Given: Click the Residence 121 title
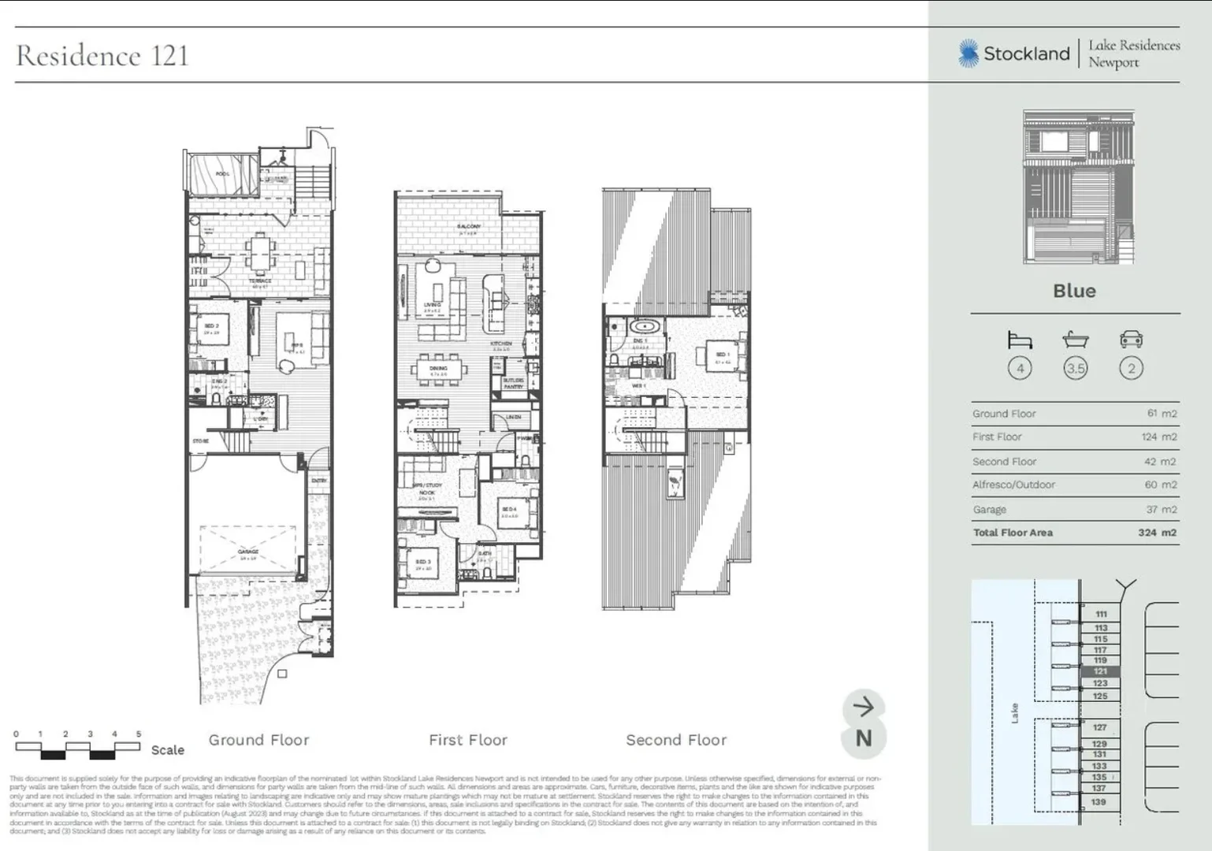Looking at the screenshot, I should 102,56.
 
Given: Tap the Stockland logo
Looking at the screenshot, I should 1014,54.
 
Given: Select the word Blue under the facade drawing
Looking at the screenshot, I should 1074,291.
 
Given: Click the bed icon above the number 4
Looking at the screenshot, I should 1020,340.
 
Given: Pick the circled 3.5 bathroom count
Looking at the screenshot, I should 1075,368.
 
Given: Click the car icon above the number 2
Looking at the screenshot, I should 1131,340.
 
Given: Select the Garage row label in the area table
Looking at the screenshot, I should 989,510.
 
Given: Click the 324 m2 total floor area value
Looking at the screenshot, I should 1156,533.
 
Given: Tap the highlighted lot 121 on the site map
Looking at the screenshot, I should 1100,671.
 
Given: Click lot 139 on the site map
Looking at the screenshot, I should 1099,802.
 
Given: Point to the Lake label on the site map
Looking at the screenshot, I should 1015,712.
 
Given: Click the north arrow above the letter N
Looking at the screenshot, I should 864,707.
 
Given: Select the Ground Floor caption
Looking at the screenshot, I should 258,740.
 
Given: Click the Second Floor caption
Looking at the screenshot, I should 676,740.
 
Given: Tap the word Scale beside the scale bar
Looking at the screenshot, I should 167,750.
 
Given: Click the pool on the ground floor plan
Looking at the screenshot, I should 223,174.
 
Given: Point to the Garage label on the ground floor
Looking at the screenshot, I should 248,552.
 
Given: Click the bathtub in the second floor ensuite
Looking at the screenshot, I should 645,326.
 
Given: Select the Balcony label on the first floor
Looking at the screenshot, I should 468,227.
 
